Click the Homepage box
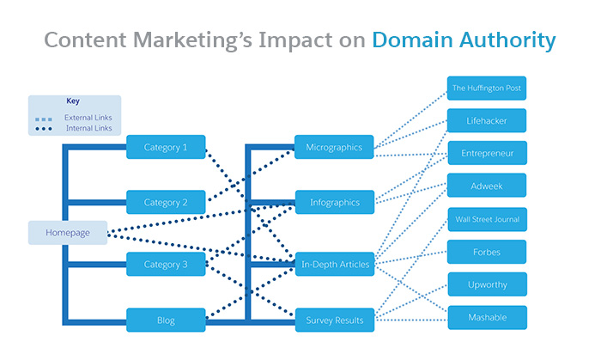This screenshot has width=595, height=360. tap(68, 233)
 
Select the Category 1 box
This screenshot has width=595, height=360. tap(166, 147)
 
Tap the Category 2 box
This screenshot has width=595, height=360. tap(166, 203)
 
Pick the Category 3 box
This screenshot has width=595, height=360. tap(166, 264)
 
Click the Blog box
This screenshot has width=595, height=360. tap(166, 320)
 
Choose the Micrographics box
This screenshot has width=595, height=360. tap(334, 147)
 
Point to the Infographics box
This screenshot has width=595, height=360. tap(334, 203)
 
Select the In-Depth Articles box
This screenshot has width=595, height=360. tap(334, 264)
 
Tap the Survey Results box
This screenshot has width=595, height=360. tap(334, 320)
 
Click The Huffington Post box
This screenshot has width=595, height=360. tap(487, 88)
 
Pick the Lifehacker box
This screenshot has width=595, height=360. tap(487, 121)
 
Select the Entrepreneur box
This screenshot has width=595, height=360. tap(487, 153)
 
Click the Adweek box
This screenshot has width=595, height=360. tap(487, 186)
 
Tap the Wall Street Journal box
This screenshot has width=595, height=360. tap(487, 219)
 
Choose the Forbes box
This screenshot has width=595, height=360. tap(487, 253)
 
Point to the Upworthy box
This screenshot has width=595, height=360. tap(487, 284)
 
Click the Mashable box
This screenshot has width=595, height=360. tap(487, 317)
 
